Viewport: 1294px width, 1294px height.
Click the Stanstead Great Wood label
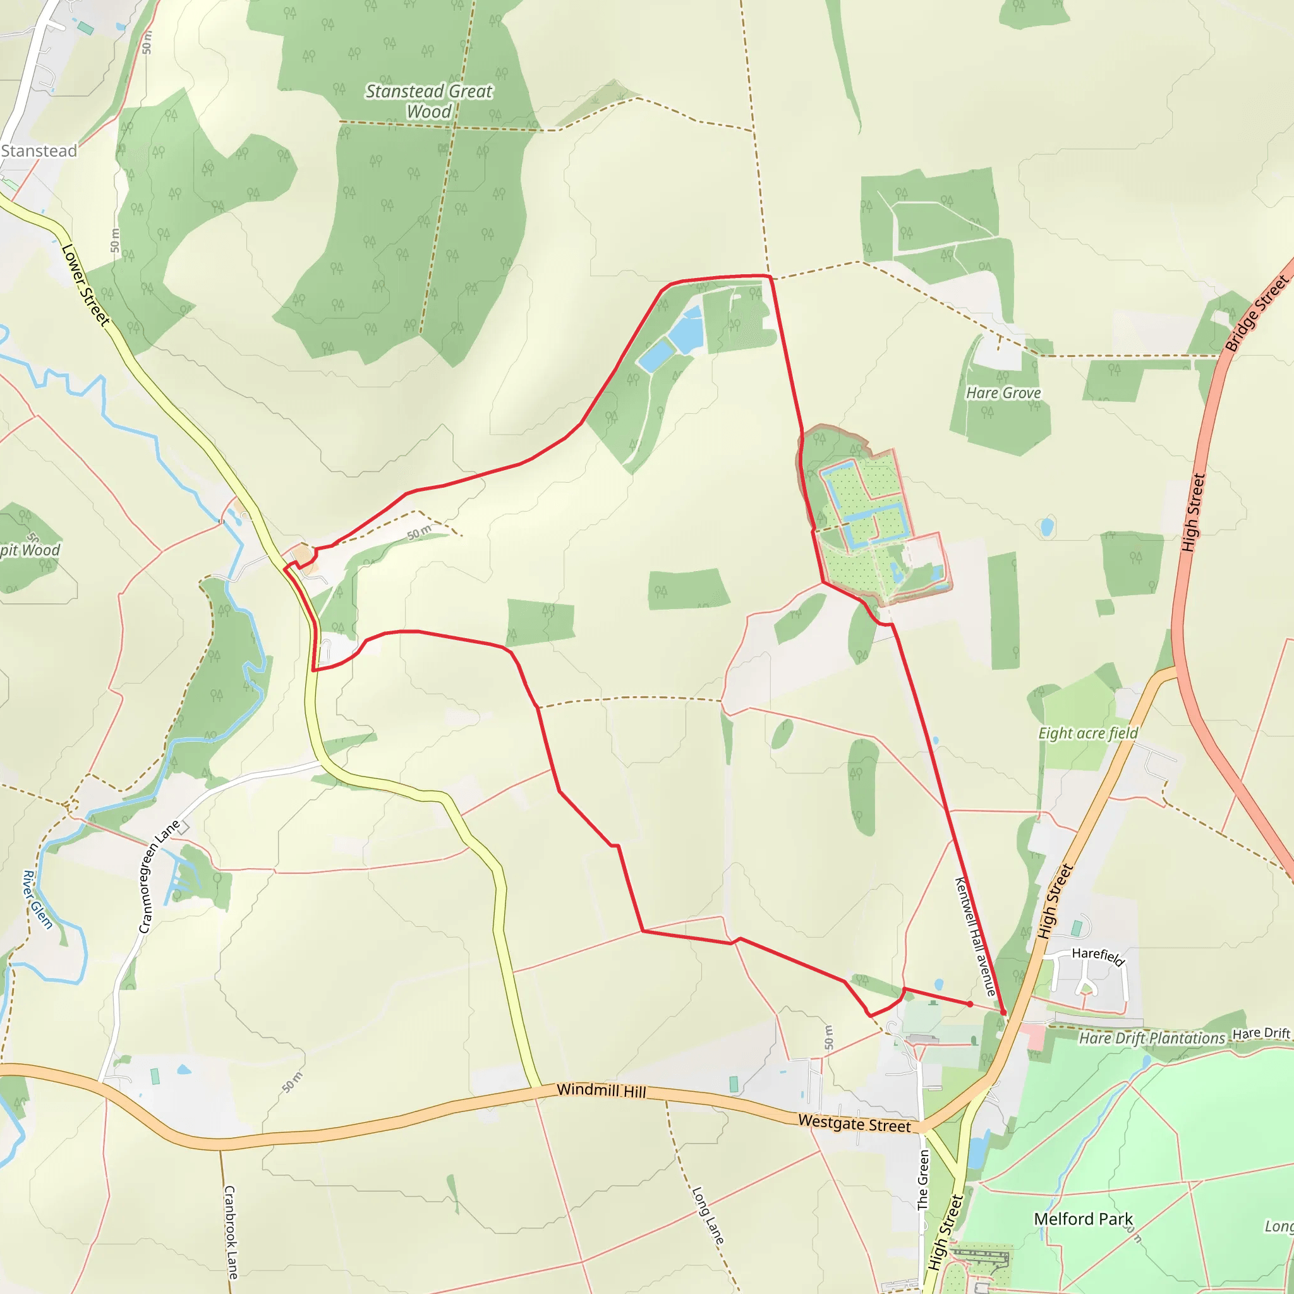(x=428, y=101)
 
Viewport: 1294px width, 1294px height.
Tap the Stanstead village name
(x=39, y=152)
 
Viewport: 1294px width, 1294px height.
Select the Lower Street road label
(x=85, y=286)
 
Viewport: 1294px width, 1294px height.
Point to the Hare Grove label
(x=1003, y=393)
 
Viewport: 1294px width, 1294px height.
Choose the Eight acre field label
(x=1088, y=734)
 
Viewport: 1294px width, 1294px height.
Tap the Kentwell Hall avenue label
(x=975, y=936)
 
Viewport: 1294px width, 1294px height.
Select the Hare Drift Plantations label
(x=1151, y=1038)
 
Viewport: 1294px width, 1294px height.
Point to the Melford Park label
(x=1083, y=1219)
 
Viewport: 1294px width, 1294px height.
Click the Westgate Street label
(x=854, y=1123)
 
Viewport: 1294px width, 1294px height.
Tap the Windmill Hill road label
(x=602, y=1091)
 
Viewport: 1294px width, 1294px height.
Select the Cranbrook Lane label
(x=230, y=1232)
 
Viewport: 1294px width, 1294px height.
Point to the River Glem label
(x=37, y=900)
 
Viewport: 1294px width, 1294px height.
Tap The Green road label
(x=924, y=1180)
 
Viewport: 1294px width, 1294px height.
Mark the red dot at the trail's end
(x=970, y=1004)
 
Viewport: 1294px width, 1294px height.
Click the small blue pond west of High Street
(x=1048, y=527)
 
